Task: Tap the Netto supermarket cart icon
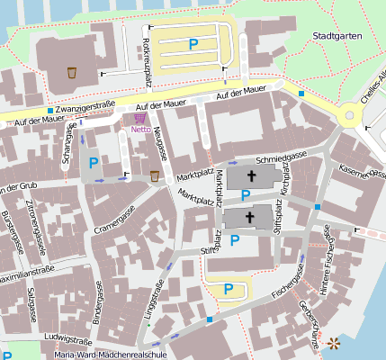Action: [x=139, y=117]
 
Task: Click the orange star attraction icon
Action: [x=335, y=342]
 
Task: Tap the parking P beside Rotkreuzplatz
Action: [x=193, y=42]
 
